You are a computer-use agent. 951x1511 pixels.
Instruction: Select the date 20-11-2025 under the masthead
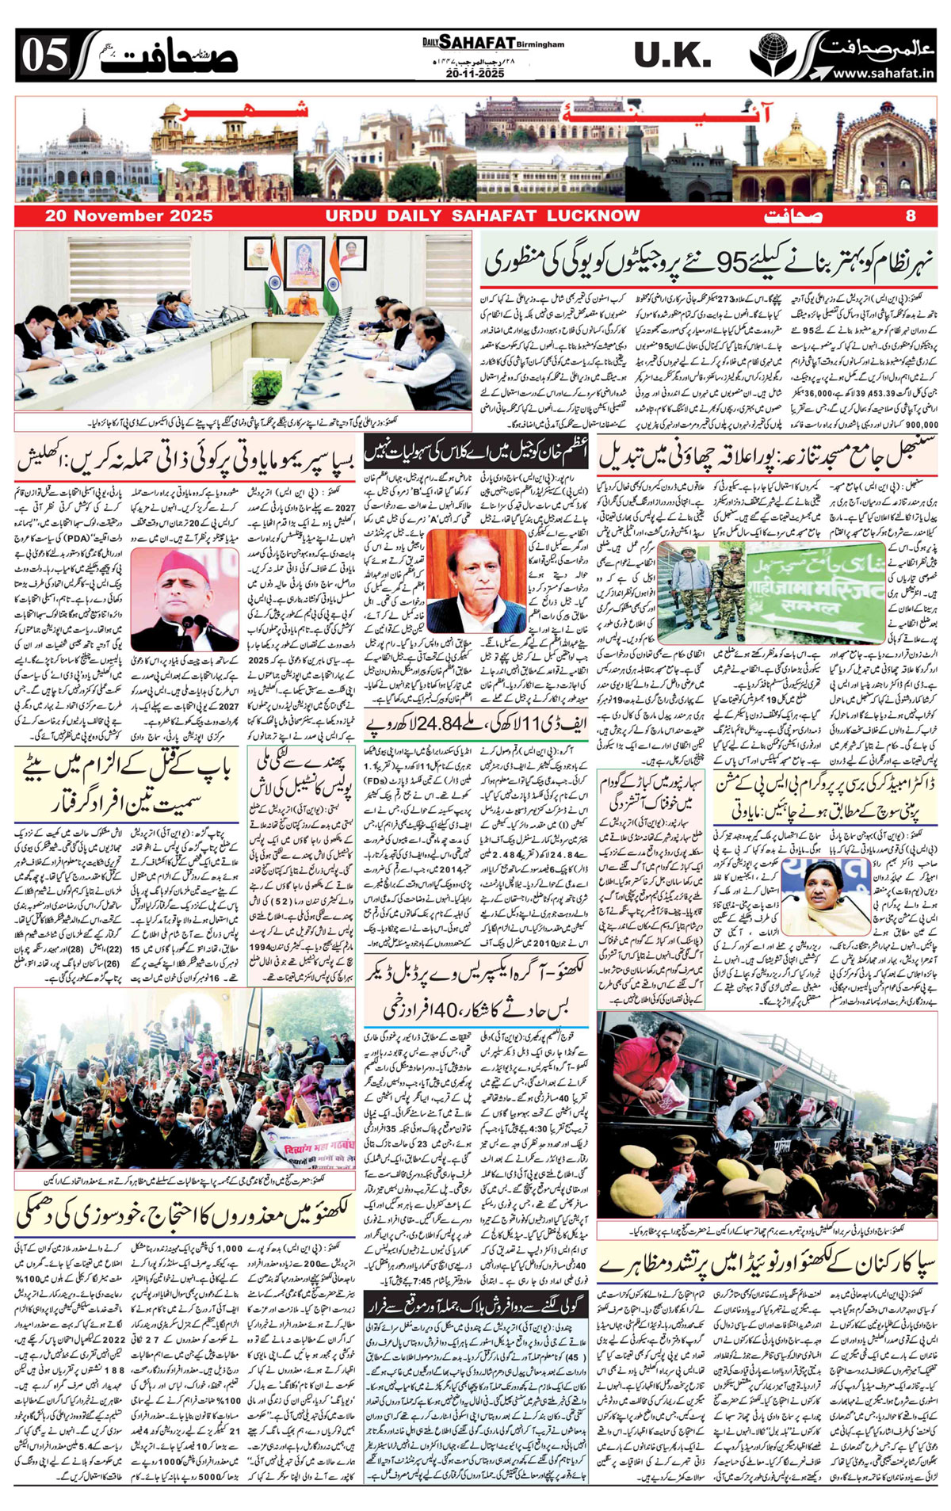pyautogui.click(x=475, y=73)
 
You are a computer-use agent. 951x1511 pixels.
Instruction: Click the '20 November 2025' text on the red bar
pyautogui.click(x=128, y=216)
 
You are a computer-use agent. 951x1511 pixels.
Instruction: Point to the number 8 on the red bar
pyautogui.click(x=911, y=216)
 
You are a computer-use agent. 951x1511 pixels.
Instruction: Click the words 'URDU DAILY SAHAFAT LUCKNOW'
pyautogui.click(x=482, y=216)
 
